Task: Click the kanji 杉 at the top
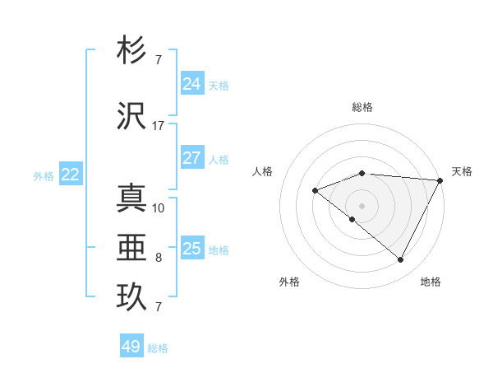point(132,52)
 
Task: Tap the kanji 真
point(132,198)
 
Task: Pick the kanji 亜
point(132,246)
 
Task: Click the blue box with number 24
point(191,84)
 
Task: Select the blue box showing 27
point(191,158)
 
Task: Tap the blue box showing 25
point(191,249)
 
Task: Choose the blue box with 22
point(71,175)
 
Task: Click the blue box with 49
point(131,347)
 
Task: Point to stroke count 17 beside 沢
point(159,126)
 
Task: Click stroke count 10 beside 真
point(159,207)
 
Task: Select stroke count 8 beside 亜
point(159,258)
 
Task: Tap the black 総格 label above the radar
point(362,107)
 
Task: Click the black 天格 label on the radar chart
point(462,171)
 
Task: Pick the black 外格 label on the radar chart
point(289,282)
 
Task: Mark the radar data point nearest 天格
point(440,180)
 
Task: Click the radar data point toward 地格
point(401,260)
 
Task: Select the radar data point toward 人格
point(315,191)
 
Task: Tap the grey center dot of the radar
point(362,205)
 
